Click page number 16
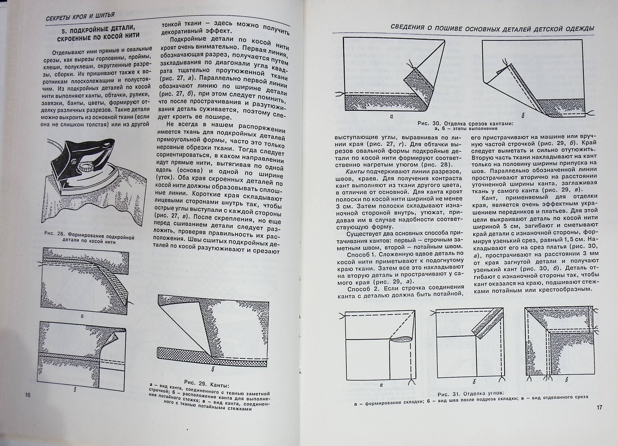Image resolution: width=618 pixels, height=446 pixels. (x=28, y=395)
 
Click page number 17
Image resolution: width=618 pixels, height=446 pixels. (x=599, y=407)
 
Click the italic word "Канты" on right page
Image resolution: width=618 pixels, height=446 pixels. (x=355, y=171)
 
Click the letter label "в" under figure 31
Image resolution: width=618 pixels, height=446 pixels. (x=566, y=380)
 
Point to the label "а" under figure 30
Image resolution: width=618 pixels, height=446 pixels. (x=392, y=116)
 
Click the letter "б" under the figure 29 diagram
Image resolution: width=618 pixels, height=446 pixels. (x=213, y=369)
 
